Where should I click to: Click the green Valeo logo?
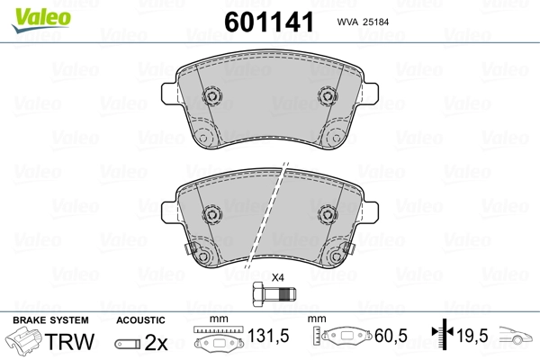[x=41, y=20]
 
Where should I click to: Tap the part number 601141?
[x=269, y=22]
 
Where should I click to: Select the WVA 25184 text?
[x=363, y=22]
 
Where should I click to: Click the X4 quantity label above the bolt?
[x=277, y=277]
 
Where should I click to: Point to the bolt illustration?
[x=274, y=294]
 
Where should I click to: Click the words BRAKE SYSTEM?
[x=50, y=320]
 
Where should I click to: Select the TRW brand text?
[x=69, y=341]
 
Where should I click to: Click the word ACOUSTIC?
[x=140, y=320]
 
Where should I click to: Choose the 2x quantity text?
[x=157, y=342]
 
